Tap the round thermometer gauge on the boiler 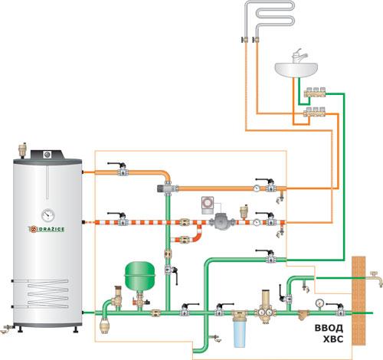tap(48, 215)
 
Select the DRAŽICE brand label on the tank tap(46, 229)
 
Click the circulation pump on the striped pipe tap(220, 221)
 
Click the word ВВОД tap(329, 328)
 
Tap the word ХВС tap(333, 339)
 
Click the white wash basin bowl tap(296, 70)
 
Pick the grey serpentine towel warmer tap(270, 18)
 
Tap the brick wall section tap(358, 301)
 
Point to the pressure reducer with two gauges tap(266, 309)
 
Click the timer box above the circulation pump tap(208, 205)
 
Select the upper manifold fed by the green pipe tap(315, 93)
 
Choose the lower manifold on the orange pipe tap(315, 112)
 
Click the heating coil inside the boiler tap(47, 293)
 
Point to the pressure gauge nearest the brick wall tap(319, 303)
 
